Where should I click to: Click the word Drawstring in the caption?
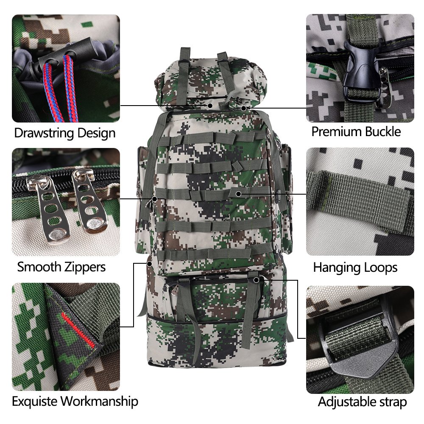pos(44,133)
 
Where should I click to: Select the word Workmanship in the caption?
pos(99,401)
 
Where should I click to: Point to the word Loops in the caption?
pos(380,268)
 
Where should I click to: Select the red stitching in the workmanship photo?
pos(78,330)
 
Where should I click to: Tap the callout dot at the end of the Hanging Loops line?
pos(238,194)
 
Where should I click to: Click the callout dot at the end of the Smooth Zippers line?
pos(154,199)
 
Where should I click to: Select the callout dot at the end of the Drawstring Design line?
pos(210,106)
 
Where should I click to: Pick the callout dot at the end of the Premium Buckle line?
pos(244,108)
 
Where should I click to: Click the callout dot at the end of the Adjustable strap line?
pos(256,280)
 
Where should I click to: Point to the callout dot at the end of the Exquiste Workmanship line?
pos(149,264)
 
